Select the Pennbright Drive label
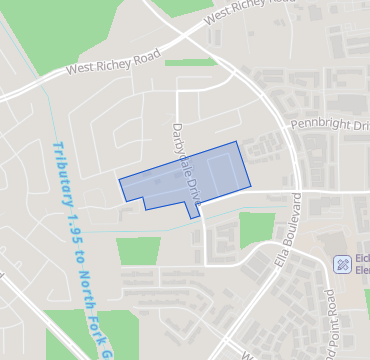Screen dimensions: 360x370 pyautogui.click(x=329, y=124)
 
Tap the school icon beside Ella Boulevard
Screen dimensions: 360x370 pyautogui.click(x=341, y=264)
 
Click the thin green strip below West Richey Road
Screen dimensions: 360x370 pyautogui.click(x=190, y=63)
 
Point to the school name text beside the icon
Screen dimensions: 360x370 pyautogui.click(x=363, y=264)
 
